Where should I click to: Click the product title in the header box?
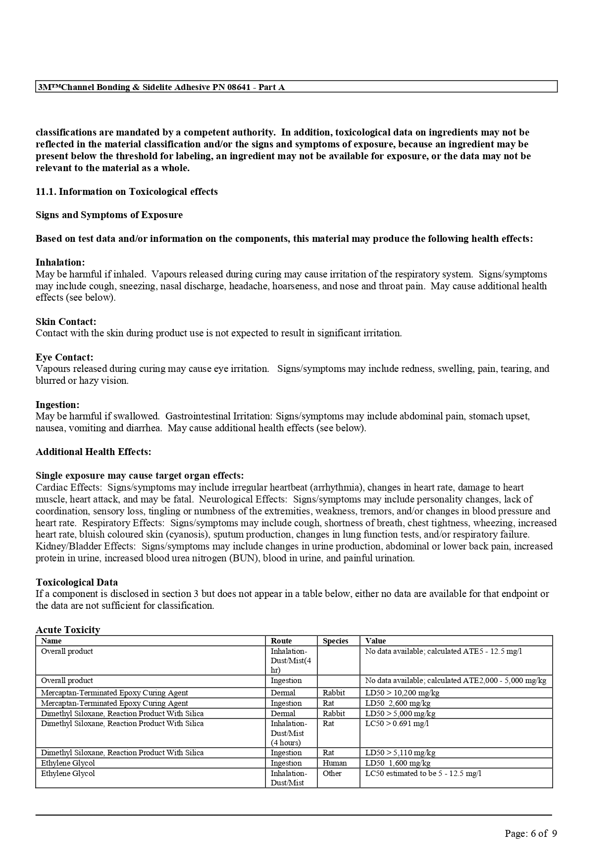click(161, 87)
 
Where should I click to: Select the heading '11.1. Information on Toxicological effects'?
click(127, 191)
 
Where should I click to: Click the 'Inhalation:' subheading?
click(60, 262)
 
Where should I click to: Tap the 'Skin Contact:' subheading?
click(66, 321)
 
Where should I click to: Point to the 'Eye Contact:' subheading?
click(64, 357)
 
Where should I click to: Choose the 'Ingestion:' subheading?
click(57, 405)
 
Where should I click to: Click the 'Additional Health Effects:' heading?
click(94, 452)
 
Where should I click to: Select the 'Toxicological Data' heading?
click(77, 582)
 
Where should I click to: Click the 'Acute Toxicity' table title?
click(68, 630)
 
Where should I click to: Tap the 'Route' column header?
click(281, 640)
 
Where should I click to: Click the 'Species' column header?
click(336, 640)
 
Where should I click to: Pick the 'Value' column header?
click(375, 640)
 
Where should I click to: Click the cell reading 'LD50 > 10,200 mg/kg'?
click(402, 692)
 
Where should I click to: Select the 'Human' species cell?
click(335, 763)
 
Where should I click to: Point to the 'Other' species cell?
click(332, 773)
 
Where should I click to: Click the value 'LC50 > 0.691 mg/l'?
click(397, 723)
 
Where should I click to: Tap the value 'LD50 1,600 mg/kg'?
click(398, 763)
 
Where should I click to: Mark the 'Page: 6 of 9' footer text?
click(531, 833)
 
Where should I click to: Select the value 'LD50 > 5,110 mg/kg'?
click(400, 752)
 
